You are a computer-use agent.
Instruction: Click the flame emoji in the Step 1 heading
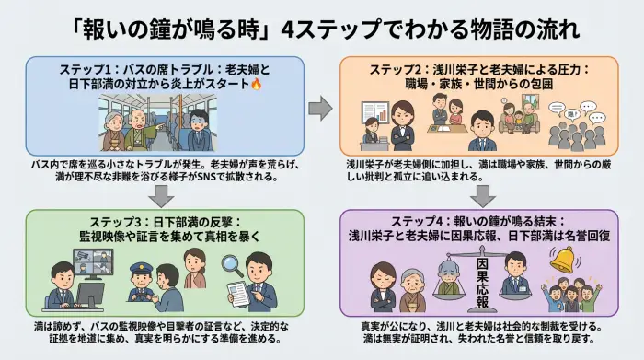point(257,85)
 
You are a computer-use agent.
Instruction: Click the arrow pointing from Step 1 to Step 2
point(320,108)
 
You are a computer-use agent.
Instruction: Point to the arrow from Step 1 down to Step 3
point(162,195)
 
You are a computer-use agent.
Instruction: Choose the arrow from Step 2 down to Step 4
point(481,195)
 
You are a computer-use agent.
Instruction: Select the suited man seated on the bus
point(196,129)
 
